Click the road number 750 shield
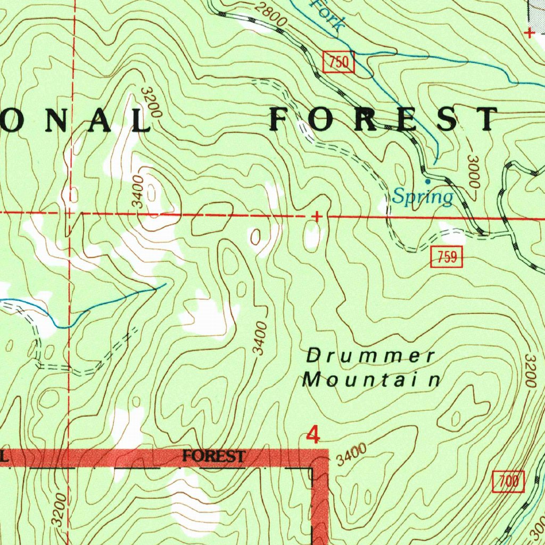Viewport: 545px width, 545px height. [338, 63]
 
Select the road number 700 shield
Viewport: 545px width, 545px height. [508, 482]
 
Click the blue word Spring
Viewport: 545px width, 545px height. [423, 197]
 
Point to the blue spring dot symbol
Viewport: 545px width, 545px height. [428, 181]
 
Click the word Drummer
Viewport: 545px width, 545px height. [371, 356]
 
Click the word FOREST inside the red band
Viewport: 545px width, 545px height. [213, 456]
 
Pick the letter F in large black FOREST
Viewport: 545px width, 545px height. [282, 120]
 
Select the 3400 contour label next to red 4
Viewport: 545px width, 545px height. [352, 455]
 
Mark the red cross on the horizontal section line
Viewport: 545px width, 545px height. [317, 217]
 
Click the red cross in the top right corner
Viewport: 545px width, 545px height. [529, 34]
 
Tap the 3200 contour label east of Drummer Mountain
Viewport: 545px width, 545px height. [529, 370]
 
